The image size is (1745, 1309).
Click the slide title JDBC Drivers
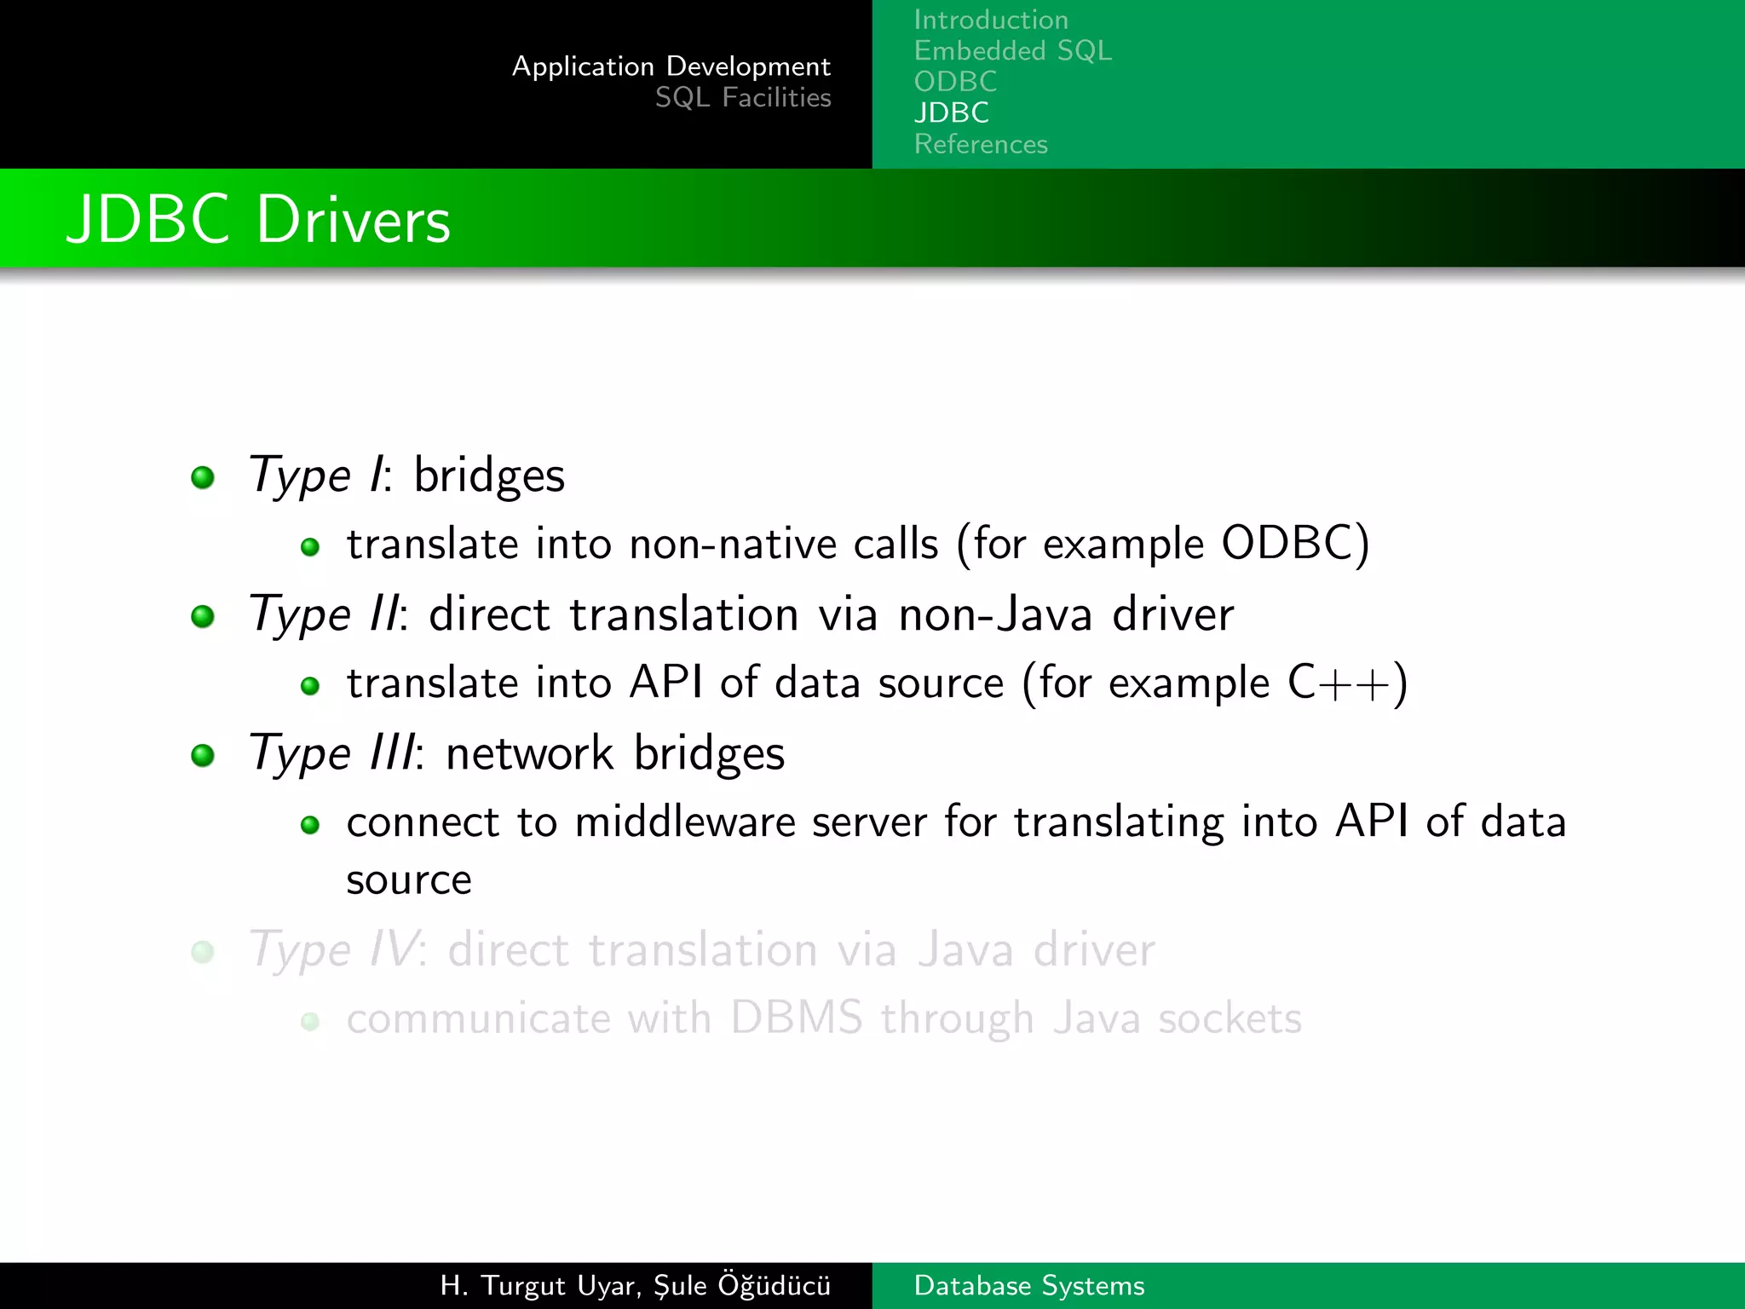click(x=258, y=220)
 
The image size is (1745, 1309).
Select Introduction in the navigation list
click(x=991, y=20)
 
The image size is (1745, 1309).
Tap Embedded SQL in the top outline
click(x=1012, y=51)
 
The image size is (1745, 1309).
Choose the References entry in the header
click(x=981, y=144)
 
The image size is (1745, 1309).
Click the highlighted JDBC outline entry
click(x=951, y=112)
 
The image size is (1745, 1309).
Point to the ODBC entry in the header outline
click(x=955, y=82)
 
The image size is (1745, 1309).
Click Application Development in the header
click(x=671, y=66)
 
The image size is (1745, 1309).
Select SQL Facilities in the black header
click(x=742, y=98)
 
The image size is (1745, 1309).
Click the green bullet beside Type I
click(x=203, y=477)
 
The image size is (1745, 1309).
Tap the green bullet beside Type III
click(x=203, y=755)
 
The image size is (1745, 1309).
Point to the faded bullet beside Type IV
click(x=203, y=951)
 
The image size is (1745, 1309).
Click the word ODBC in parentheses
click(x=1290, y=544)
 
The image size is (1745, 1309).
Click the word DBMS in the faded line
click(x=796, y=1019)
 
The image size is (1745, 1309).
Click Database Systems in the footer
click(x=1028, y=1285)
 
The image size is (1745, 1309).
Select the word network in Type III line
click(x=529, y=754)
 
